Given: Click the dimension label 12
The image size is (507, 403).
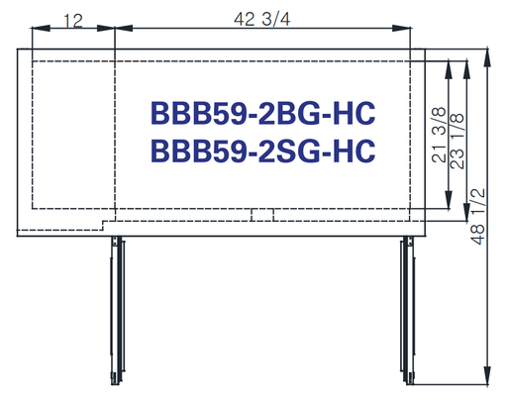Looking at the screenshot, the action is [73, 21].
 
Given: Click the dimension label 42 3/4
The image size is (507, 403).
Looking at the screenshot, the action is [262, 19].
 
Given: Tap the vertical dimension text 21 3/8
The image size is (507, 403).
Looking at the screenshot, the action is [439, 135].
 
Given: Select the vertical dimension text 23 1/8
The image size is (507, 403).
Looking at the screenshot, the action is [456, 141].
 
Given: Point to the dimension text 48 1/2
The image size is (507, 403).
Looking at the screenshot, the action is [477, 217].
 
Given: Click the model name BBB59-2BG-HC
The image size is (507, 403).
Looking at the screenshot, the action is [262, 113].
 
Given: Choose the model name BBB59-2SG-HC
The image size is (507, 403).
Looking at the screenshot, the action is [262, 151].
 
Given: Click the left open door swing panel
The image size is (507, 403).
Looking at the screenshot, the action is [117, 311].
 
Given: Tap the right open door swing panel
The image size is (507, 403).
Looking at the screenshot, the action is [407, 311].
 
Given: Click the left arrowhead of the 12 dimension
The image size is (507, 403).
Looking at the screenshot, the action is [41, 29].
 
